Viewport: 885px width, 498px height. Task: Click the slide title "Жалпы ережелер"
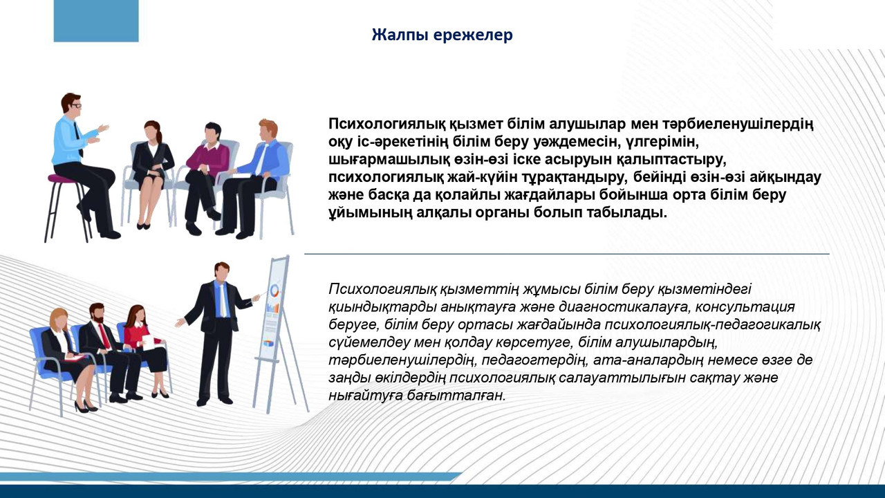pos(442,35)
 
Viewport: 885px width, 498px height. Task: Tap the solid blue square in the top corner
pos(96,21)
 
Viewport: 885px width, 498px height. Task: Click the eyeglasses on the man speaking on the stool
pos(76,106)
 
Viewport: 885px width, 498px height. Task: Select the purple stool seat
pos(63,178)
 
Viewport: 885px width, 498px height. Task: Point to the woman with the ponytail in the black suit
pos(151,174)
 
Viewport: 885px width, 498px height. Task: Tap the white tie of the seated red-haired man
pos(261,159)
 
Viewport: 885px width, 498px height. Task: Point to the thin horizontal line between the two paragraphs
pos(566,254)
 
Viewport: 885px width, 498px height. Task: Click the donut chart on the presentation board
pos(274,291)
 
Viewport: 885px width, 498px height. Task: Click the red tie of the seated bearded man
pos(104,336)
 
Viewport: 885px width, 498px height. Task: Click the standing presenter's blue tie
pos(223,299)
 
